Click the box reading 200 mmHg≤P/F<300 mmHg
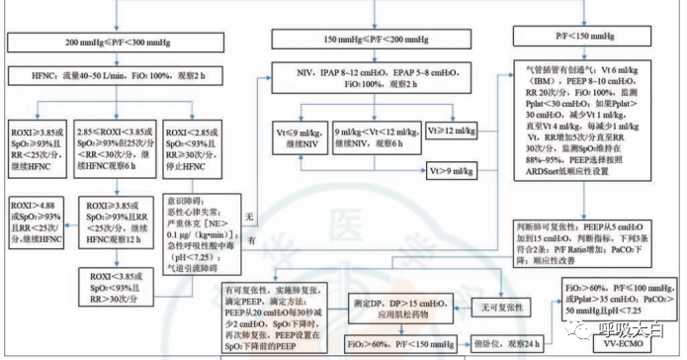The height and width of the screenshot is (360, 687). click(x=123, y=45)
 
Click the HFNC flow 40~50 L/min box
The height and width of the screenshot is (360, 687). click(x=123, y=76)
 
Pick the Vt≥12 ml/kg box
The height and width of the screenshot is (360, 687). click(x=454, y=128)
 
